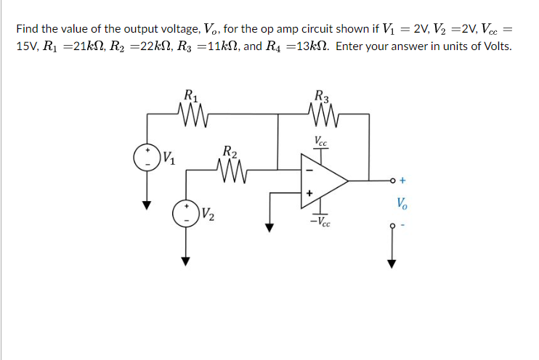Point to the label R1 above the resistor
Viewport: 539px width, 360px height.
191,94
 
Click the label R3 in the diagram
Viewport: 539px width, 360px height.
320,94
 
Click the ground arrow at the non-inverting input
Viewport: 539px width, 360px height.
270,226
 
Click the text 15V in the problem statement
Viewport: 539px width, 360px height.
26,46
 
